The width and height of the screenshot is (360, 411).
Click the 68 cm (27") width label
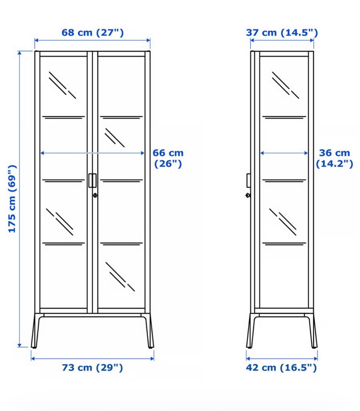pyautogui.click(x=92, y=33)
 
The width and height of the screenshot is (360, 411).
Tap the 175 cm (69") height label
pyautogui.click(x=12, y=199)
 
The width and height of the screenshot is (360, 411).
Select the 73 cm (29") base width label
pyautogui.click(x=92, y=368)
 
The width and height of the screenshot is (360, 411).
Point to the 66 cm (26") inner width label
pyautogui.click(x=168, y=158)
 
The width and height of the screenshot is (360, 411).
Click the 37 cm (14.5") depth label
pyautogui.click(x=282, y=33)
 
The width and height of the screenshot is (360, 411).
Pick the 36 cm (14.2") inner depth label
pyautogui.click(x=334, y=158)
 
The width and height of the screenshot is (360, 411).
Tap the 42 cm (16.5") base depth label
pyautogui.click(x=281, y=368)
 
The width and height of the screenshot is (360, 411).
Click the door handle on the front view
pyautogui.click(x=92, y=180)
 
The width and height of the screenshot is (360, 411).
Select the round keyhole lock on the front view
pyautogui.click(x=95, y=195)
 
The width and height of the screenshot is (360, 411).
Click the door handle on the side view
pyautogui.click(x=249, y=180)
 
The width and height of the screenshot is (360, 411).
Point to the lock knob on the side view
pyautogui.click(x=248, y=195)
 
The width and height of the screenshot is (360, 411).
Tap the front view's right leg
pyautogui.click(x=149, y=331)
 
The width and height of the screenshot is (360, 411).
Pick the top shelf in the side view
pyautogui.click(x=284, y=117)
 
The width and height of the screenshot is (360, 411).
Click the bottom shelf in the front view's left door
pyautogui.click(x=63, y=244)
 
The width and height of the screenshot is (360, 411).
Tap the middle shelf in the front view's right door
pyautogui.click(x=121, y=180)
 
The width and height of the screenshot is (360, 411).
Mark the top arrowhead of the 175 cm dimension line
pyautogui.click(x=19, y=53)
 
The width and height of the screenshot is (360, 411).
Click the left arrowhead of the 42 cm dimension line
pyautogui.click(x=248, y=358)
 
